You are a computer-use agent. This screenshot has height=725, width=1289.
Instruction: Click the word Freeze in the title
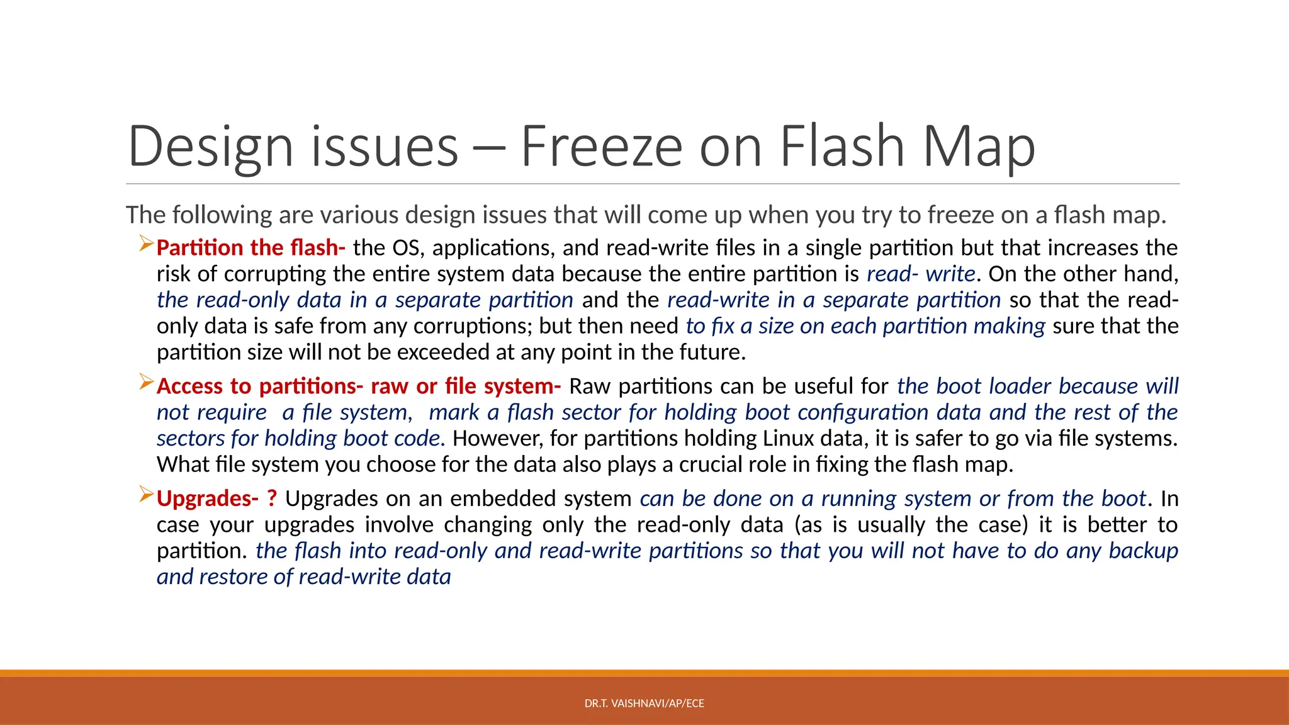[x=601, y=147]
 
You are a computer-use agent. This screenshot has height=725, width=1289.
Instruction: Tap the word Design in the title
[x=210, y=147]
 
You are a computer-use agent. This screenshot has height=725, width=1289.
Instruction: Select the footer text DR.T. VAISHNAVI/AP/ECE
[x=644, y=704]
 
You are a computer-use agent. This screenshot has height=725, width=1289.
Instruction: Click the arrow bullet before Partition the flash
[x=146, y=242]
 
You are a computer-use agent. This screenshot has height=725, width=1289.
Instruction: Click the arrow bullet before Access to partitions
[x=146, y=381]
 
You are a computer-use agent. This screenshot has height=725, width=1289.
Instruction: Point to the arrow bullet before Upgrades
[x=146, y=493]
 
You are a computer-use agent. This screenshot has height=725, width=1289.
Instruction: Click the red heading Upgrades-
[x=207, y=498]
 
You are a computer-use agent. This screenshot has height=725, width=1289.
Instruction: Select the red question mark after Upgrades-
[x=272, y=498]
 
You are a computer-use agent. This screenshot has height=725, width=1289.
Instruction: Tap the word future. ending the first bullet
[x=712, y=352]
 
